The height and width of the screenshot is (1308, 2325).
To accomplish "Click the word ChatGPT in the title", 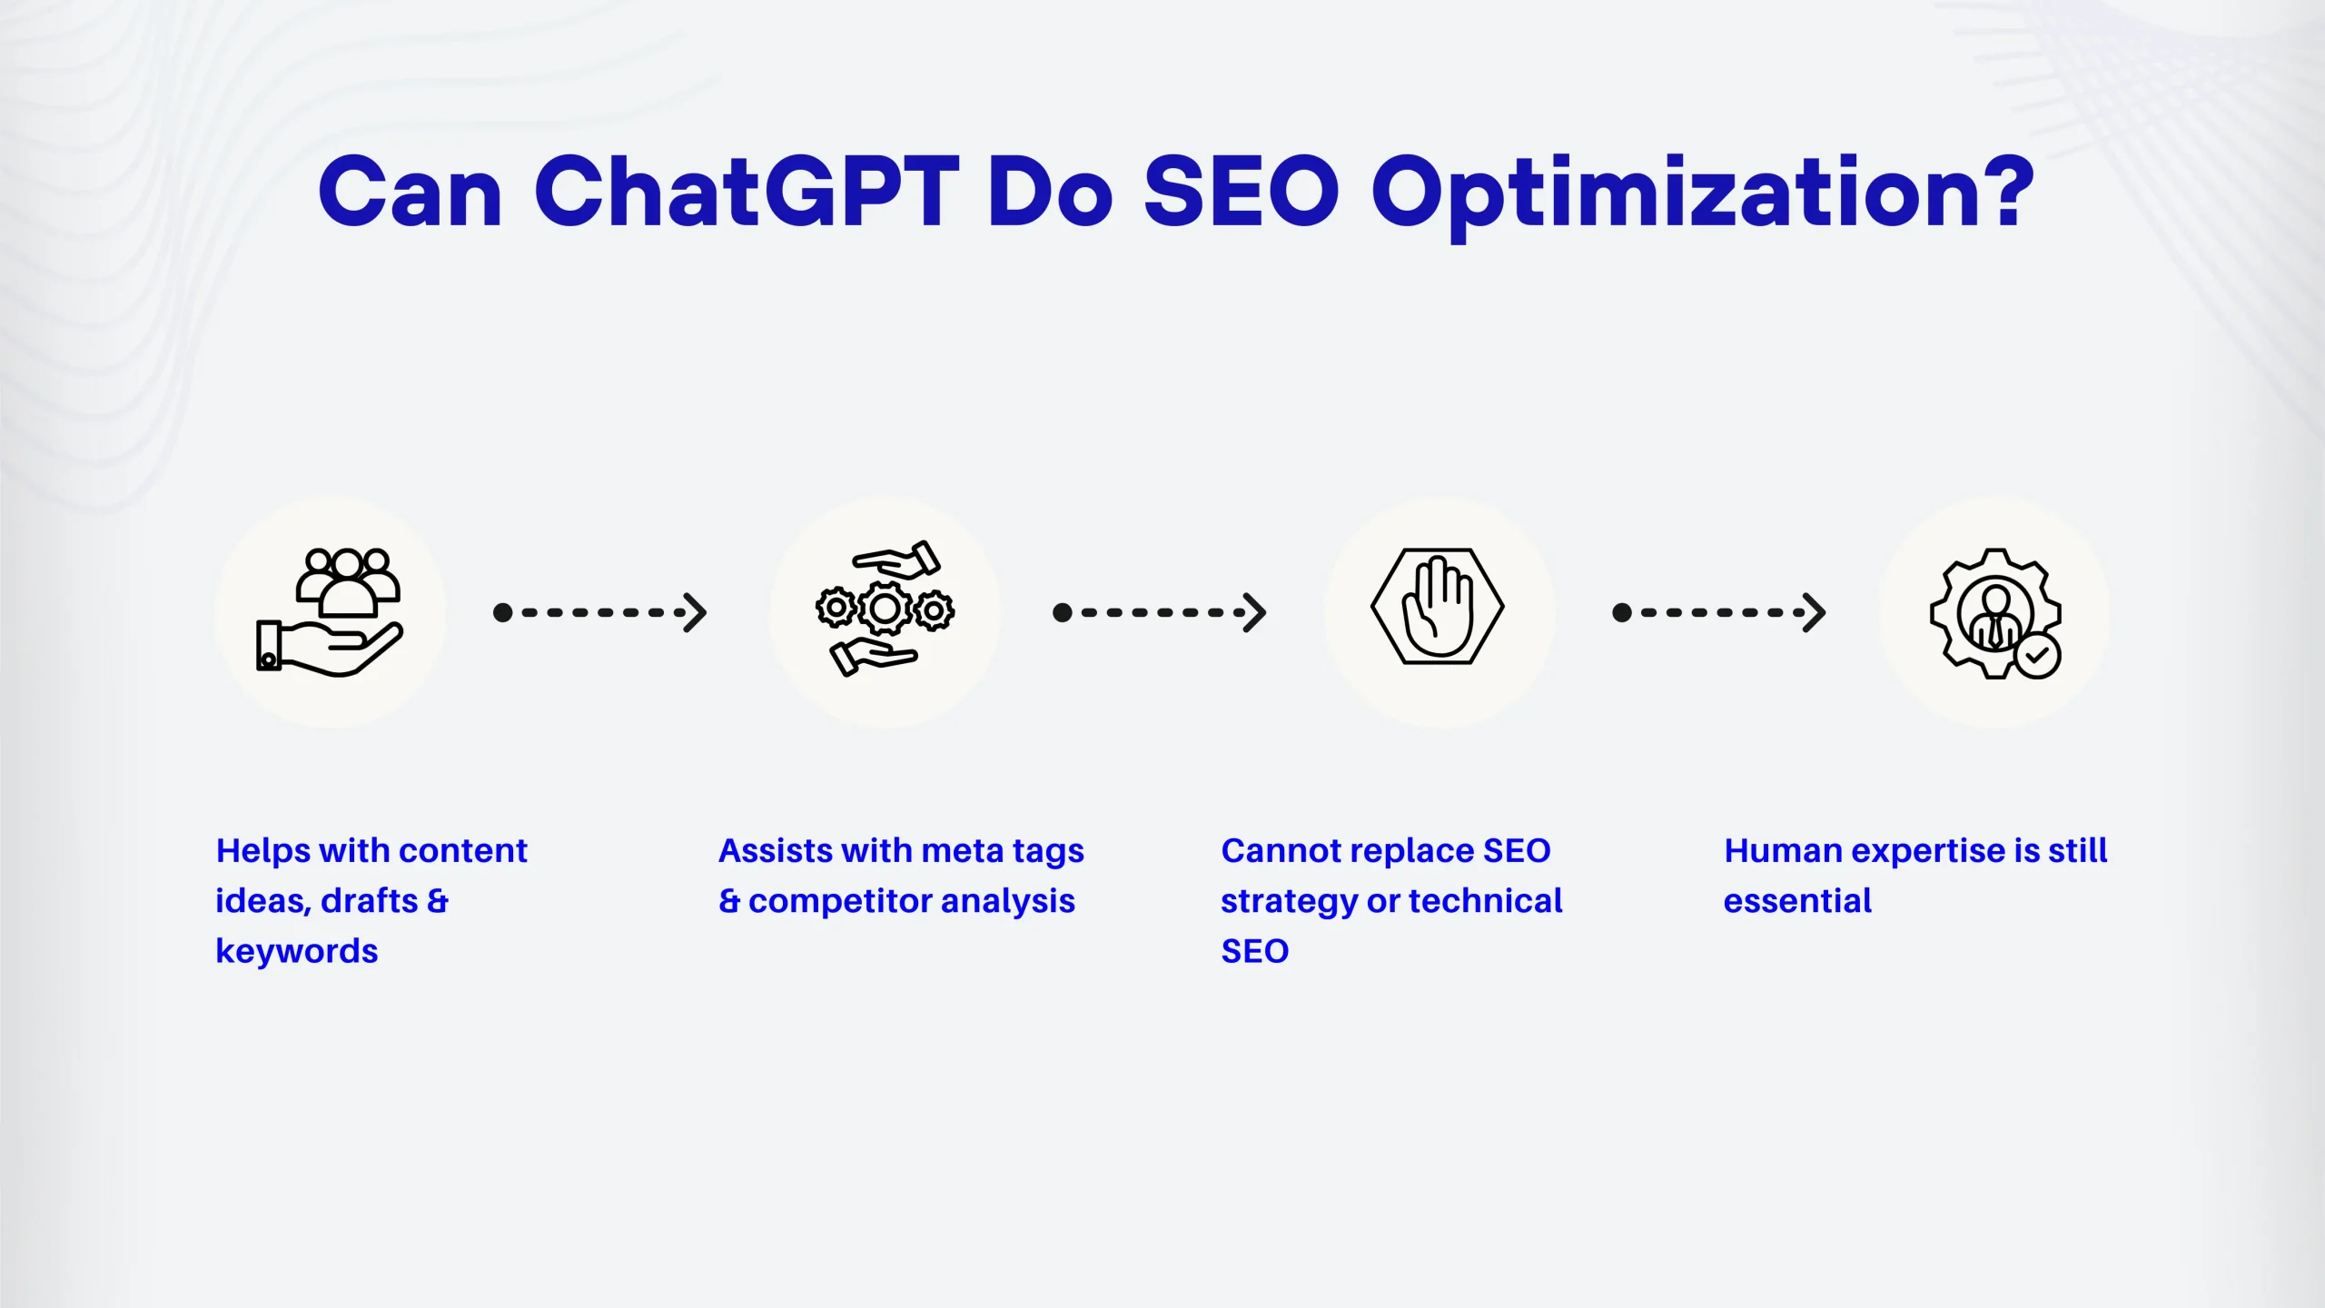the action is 747,193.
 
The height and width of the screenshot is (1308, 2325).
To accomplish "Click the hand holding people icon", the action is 329,612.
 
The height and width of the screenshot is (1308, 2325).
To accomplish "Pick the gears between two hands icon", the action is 885,609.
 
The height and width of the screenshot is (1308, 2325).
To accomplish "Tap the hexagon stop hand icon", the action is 1438,606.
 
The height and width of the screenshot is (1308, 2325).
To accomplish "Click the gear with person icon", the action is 1995,613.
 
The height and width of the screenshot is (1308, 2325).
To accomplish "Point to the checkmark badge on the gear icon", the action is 2037,656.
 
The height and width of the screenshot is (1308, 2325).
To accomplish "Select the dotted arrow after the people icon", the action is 599,613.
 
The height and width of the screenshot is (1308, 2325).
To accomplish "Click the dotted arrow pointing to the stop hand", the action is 1159,613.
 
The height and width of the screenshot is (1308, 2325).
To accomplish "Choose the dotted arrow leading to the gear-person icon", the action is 1718,613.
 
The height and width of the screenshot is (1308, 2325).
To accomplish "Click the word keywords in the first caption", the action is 297,952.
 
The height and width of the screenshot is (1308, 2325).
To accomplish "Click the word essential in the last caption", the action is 1797,901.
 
